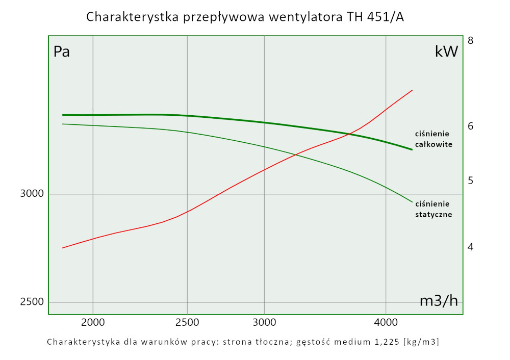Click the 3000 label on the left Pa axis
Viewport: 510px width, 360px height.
point(32,194)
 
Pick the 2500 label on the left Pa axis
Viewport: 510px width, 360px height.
point(32,302)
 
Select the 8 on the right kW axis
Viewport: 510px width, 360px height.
point(471,40)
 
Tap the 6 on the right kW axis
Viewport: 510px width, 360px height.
point(471,125)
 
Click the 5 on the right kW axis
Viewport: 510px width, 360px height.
point(471,181)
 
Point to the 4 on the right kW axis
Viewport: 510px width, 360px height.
point(471,247)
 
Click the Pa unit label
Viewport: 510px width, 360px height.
point(62,52)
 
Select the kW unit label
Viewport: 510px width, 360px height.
point(446,52)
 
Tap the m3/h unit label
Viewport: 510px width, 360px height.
point(439,301)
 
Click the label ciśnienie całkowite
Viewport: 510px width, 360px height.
point(433,139)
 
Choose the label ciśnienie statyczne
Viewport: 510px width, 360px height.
point(433,209)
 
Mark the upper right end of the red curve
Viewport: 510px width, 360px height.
point(412,90)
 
